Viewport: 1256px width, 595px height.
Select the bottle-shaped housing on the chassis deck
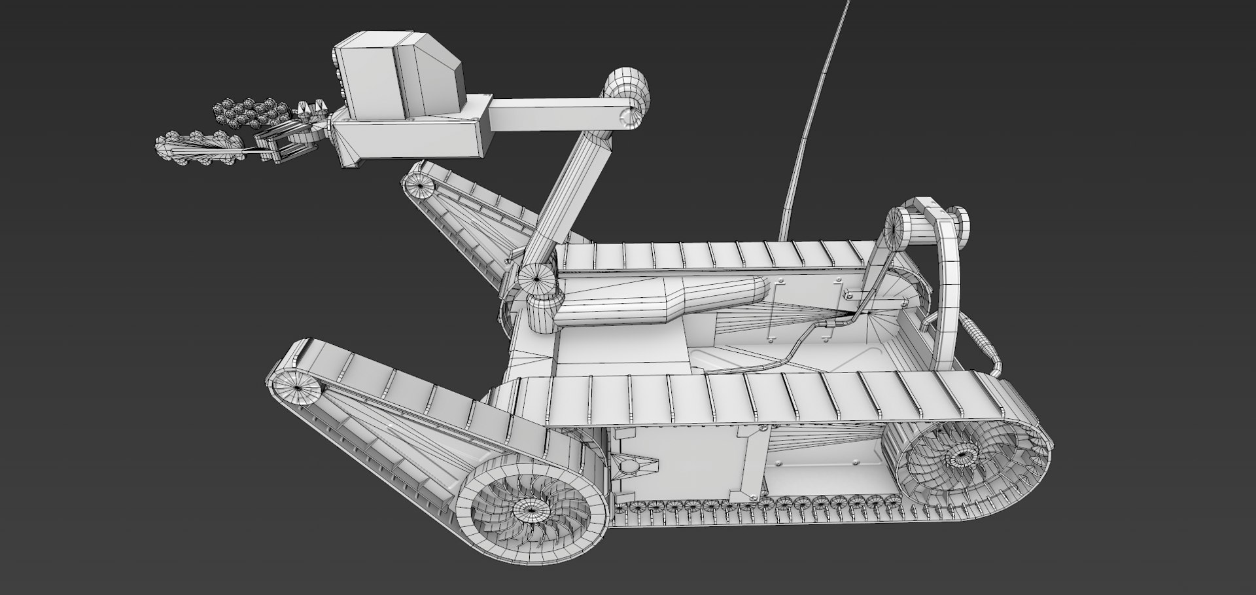tap(661, 301)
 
